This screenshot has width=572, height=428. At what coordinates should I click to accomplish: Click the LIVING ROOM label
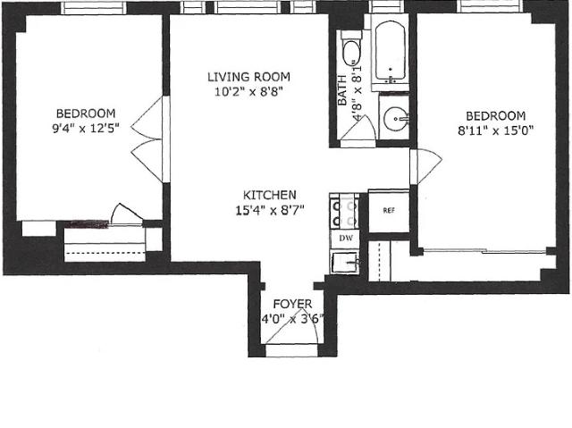[x=248, y=77]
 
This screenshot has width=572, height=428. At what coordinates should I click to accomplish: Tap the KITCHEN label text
[x=270, y=195]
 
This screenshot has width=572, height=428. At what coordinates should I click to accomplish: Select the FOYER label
[x=292, y=304]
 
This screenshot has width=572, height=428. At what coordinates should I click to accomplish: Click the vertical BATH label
[x=341, y=90]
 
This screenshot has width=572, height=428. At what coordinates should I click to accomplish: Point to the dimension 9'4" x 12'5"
[x=86, y=129]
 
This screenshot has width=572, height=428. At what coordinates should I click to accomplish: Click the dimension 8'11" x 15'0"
[x=496, y=130]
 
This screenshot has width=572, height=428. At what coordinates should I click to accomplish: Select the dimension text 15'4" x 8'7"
[x=270, y=210]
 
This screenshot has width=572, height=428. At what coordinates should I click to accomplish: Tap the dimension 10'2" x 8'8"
[x=248, y=92]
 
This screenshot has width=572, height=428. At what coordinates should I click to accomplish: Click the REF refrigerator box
[x=389, y=211]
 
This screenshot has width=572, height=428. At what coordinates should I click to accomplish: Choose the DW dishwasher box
[x=345, y=239]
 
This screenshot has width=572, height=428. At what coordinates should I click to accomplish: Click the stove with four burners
[x=344, y=212]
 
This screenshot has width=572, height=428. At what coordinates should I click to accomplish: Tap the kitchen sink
[x=345, y=262]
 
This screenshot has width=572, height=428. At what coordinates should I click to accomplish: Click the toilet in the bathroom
[x=351, y=50]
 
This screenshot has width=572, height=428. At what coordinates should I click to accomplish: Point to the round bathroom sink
[x=396, y=118]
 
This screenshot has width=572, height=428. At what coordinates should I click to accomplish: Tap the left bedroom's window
[x=93, y=8]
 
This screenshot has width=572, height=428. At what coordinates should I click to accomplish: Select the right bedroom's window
[x=490, y=6]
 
